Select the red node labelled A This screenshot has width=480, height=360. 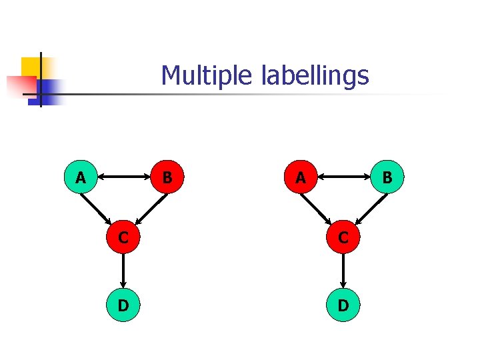(301, 177)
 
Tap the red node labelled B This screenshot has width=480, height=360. (168, 177)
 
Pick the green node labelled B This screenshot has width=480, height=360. (387, 177)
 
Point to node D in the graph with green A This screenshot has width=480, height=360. (123, 305)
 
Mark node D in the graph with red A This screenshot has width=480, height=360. (343, 305)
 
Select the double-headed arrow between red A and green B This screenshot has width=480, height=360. (345, 177)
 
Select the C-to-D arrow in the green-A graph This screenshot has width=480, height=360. (123, 271)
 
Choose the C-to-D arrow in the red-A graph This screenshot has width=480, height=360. (343, 271)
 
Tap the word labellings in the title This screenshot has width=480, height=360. (315, 76)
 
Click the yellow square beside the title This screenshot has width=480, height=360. (31, 67)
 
